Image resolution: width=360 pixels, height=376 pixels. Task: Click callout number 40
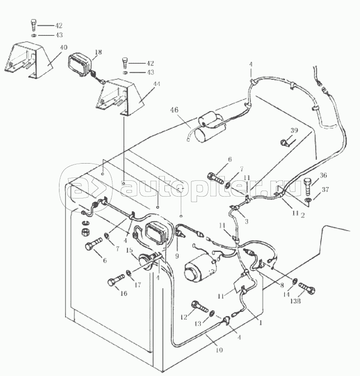64,47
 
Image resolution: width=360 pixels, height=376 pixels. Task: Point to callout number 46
174,110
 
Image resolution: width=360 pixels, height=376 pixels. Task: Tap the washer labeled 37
308,200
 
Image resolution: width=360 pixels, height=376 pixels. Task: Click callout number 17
138,285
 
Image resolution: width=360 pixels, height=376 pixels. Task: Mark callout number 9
177,255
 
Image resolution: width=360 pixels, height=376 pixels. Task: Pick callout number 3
246,222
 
